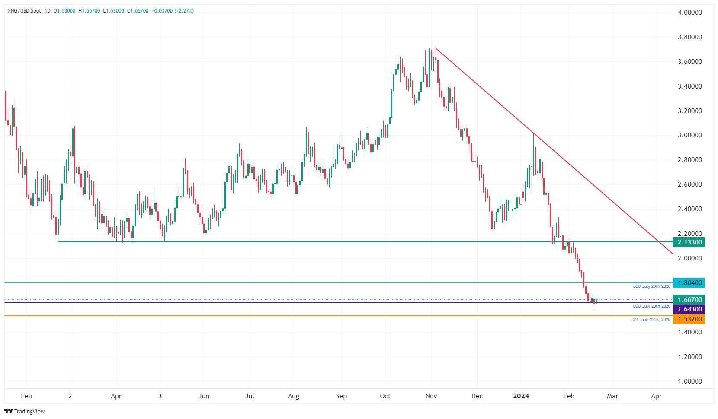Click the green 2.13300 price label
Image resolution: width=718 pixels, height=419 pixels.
689,242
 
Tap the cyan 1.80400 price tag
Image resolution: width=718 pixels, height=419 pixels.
689,283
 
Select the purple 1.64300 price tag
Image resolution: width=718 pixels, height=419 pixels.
689,309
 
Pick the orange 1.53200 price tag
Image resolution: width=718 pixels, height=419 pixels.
689,319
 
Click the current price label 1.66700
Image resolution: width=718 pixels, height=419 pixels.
689,300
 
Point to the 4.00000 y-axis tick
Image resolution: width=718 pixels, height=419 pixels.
689,13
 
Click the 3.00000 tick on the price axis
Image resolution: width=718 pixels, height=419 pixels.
689,135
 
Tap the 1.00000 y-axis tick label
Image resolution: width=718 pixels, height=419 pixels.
689,381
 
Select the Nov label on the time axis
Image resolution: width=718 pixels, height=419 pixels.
431,396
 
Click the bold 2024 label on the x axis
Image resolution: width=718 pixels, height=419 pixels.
521,396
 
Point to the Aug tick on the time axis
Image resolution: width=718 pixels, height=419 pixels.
293,396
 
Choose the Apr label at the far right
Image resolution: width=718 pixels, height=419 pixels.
656,396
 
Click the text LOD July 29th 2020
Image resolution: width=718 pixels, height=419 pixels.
651,286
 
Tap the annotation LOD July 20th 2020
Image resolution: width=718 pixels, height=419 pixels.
651,306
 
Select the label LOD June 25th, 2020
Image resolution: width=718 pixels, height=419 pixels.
650,320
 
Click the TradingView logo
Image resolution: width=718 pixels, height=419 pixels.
25,411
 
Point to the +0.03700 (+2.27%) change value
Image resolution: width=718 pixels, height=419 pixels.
173,11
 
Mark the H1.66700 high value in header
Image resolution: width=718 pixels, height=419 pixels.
89,11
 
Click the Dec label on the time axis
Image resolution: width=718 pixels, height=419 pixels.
477,396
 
